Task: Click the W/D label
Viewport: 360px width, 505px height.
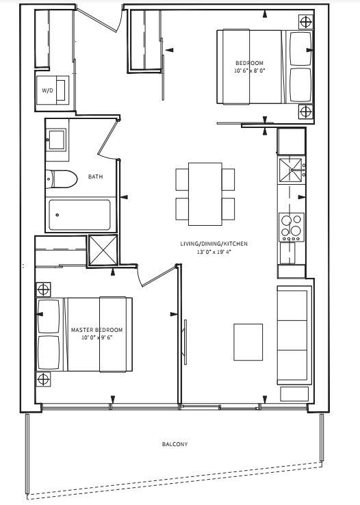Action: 47,90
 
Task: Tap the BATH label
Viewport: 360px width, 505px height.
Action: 96,177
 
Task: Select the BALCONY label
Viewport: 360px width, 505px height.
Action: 175,444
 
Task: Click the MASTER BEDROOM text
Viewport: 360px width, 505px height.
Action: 97,330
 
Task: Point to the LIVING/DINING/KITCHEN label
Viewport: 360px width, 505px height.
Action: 214,244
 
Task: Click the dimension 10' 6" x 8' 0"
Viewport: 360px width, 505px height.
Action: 249,70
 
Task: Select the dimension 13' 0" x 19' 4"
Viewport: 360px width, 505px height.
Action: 214,252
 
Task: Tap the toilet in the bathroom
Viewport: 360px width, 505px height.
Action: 61,179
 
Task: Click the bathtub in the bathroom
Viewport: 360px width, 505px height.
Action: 79,215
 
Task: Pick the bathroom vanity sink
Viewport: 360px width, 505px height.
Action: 57,140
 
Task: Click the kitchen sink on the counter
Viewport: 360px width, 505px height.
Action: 291,170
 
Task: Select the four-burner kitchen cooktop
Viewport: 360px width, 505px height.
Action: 292,227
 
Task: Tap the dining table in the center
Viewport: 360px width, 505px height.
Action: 205,194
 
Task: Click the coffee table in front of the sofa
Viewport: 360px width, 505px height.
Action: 248,342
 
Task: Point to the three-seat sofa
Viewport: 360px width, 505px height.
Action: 294,335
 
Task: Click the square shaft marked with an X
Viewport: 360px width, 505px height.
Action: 103,250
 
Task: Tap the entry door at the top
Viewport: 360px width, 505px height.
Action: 100,20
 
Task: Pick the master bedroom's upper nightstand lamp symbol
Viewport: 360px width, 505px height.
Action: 43,289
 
